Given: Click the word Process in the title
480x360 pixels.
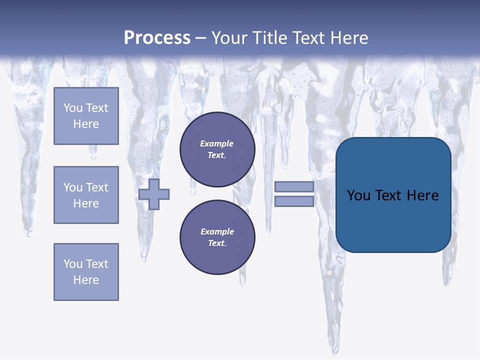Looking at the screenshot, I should click(x=157, y=38).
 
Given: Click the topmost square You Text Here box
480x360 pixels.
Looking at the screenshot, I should click(x=86, y=116).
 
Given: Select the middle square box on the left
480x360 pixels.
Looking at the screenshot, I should click(x=86, y=195).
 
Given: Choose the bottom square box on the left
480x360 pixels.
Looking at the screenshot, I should click(x=86, y=272).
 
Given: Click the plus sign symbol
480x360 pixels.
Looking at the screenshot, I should click(x=154, y=194).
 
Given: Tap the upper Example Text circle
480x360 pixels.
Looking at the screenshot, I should click(x=217, y=149).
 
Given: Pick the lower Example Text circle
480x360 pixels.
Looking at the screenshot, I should click(x=217, y=237).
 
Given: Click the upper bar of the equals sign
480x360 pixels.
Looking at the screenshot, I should click(x=294, y=187).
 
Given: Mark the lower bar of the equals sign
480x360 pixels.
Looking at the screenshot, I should click(x=294, y=201).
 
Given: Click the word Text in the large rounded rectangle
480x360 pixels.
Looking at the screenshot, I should click(x=389, y=195).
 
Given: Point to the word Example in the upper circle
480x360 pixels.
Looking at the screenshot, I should click(x=216, y=143).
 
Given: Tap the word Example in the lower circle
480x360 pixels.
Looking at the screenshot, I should click(x=217, y=231).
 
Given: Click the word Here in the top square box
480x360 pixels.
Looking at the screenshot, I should click(x=86, y=124).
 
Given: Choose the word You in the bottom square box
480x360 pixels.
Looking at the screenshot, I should click(x=72, y=264).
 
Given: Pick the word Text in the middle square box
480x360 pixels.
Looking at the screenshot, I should click(x=96, y=187).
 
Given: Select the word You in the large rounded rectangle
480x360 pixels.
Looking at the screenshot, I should click(x=358, y=195).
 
